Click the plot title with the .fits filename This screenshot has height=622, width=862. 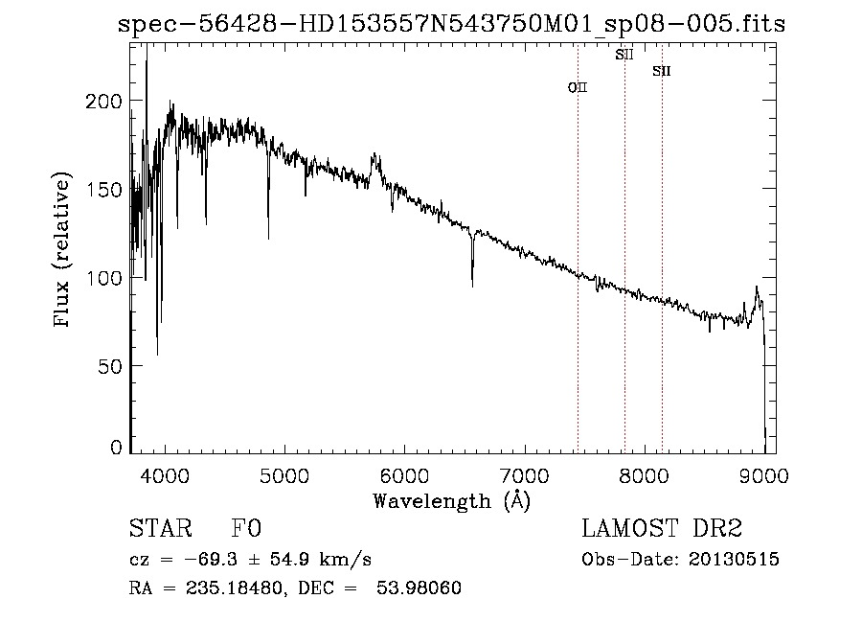[x=450, y=24]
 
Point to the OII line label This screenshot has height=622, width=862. [x=578, y=87]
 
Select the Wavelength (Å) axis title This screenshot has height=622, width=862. [x=451, y=500]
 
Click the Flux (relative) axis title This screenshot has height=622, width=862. [x=64, y=251]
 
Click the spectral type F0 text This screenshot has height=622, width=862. [x=247, y=529]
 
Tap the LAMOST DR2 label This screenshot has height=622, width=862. [x=662, y=529]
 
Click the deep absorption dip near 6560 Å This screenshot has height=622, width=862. [x=472, y=273]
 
